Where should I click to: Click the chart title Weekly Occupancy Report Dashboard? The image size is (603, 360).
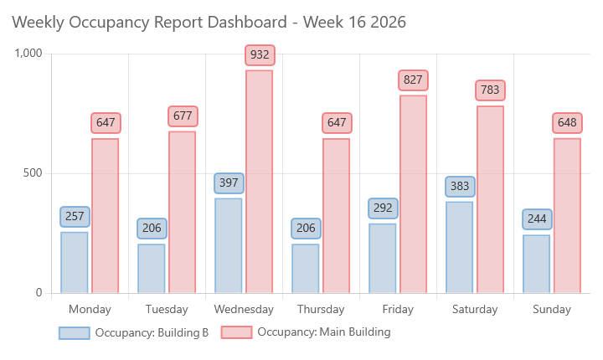pyautogui.click(x=209, y=23)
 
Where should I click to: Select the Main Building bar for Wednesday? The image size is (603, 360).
pyautogui.click(x=259, y=182)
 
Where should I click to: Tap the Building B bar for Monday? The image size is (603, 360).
pyautogui.click(x=75, y=262)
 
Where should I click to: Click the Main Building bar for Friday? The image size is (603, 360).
pyautogui.click(x=413, y=194)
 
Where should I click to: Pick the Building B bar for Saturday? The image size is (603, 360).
pyautogui.click(x=459, y=247)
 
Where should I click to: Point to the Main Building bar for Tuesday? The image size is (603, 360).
pyautogui.click(x=182, y=212)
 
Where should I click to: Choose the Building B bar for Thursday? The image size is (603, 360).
pyautogui.click(x=306, y=268)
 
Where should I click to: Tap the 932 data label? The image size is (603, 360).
pyautogui.click(x=260, y=55)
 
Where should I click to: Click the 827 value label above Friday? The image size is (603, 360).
pyautogui.click(x=414, y=80)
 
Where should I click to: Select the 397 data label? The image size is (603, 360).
pyautogui.click(x=229, y=183)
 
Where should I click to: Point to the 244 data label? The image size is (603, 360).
pyautogui.click(x=537, y=219)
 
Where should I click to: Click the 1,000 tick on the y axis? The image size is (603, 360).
pyautogui.click(x=28, y=54)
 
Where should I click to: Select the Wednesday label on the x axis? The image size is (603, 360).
pyautogui.click(x=244, y=309)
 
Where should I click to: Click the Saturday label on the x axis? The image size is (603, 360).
pyautogui.click(x=475, y=309)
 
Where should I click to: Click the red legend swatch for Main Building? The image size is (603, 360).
pyautogui.click(x=236, y=332)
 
